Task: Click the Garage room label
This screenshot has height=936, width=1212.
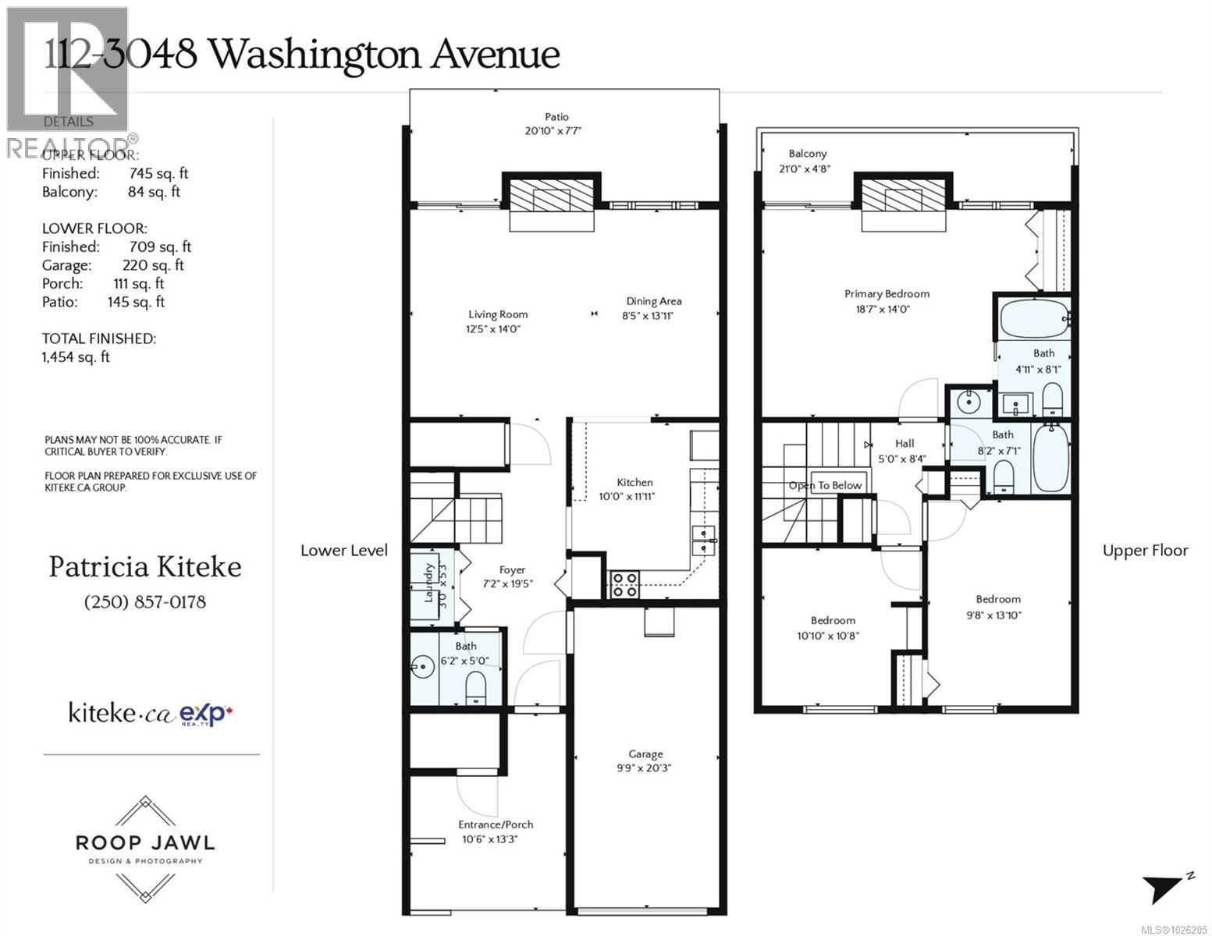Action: point(645,754)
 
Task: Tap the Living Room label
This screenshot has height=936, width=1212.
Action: point(498,314)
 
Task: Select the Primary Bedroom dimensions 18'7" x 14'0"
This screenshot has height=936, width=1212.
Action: point(887,309)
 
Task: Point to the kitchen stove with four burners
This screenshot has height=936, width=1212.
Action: point(624,584)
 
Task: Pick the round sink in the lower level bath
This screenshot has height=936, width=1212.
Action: point(423,667)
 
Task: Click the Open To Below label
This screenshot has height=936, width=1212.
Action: point(825,485)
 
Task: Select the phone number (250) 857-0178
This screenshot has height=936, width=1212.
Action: point(144,602)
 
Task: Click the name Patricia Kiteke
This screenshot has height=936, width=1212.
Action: point(145,567)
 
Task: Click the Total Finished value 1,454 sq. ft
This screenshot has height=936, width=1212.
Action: point(76,357)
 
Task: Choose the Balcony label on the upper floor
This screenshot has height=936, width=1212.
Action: point(807,154)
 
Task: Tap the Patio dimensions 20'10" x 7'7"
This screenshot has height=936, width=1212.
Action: point(553,131)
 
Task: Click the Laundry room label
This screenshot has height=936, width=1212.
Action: point(428,583)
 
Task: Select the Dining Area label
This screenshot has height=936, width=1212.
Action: point(653,301)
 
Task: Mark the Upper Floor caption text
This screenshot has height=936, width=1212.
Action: point(1145,551)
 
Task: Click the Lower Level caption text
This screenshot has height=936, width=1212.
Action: point(344,551)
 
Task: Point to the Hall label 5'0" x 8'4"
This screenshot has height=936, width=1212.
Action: point(904,451)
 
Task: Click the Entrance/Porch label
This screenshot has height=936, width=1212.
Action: point(496,824)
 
